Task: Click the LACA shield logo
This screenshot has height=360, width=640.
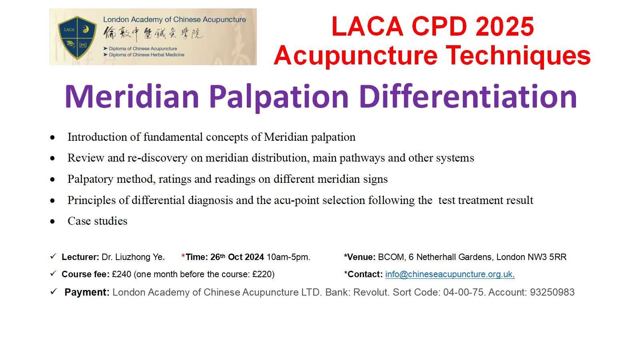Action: (x=77, y=38)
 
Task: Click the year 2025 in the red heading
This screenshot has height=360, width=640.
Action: (x=504, y=26)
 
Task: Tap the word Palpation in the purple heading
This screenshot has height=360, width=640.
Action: (x=278, y=97)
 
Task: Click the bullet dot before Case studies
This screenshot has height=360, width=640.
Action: (x=52, y=222)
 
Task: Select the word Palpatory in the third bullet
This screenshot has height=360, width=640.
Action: (x=90, y=180)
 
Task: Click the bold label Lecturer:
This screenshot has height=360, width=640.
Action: (x=80, y=257)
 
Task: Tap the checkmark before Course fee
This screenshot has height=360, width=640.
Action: (x=53, y=274)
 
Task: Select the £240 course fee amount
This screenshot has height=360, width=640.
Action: (x=122, y=274)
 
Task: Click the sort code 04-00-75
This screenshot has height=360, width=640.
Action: (x=463, y=292)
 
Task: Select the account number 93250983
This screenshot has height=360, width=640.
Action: (x=552, y=292)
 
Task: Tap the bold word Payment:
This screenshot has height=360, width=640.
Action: (x=87, y=292)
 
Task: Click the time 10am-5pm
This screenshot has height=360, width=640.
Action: (x=288, y=257)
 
